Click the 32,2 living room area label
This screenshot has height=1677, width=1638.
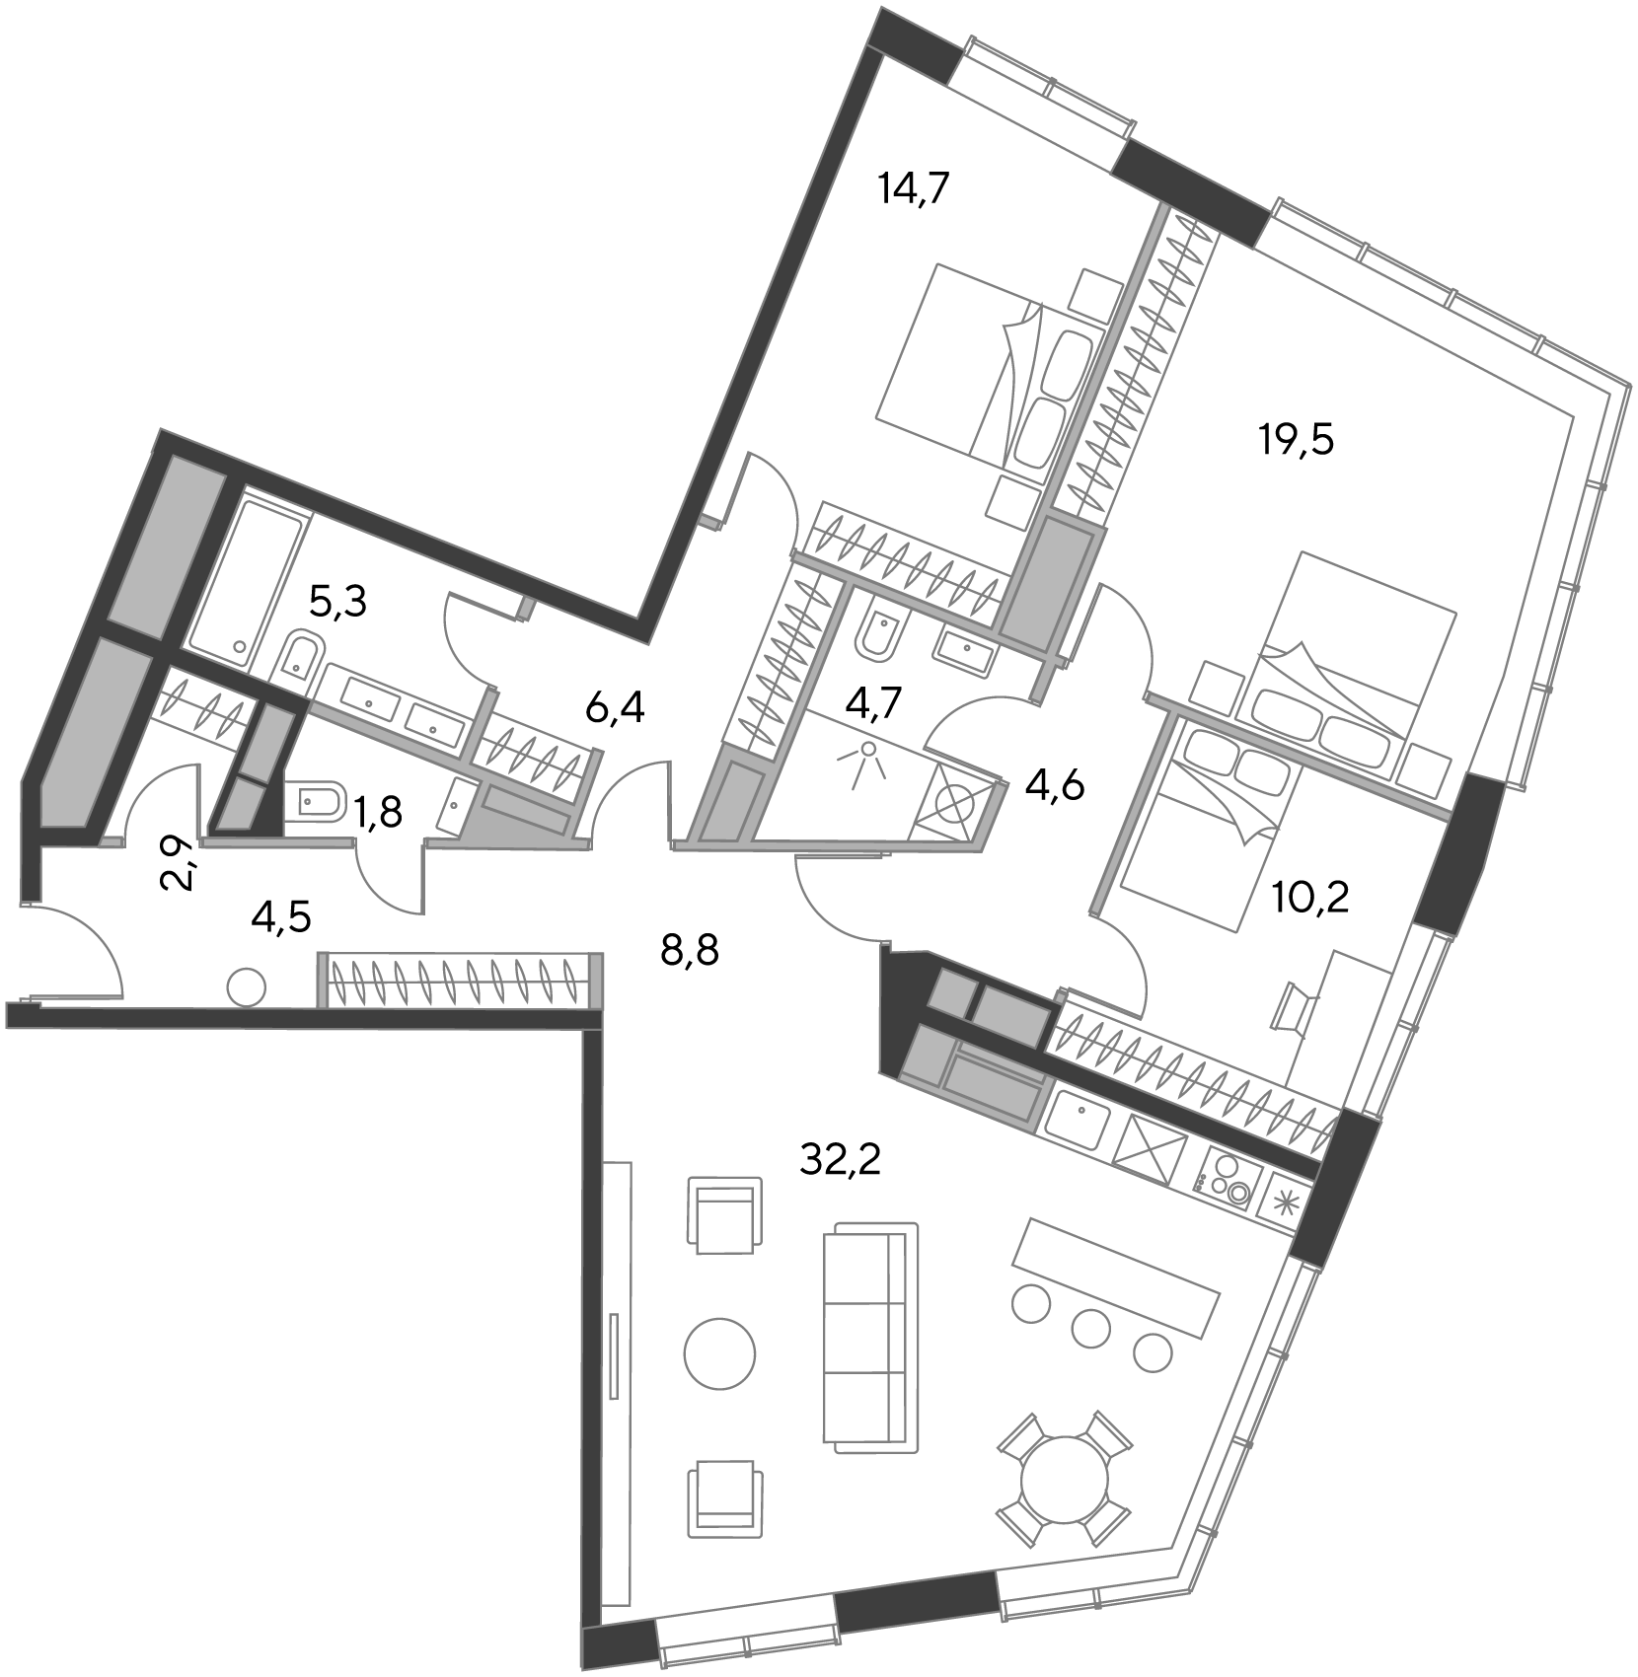pyautogui.click(x=840, y=1161)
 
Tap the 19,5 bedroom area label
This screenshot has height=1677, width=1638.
pyautogui.click(x=1296, y=440)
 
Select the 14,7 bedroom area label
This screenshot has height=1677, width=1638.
pyautogui.click(x=914, y=186)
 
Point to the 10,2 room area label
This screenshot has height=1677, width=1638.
pyautogui.click(x=1311, y=899)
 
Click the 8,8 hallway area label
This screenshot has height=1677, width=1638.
pyautogui.click(x=689, y=952)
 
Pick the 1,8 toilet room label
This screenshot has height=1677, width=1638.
pyautogui.click(x=378, y=813)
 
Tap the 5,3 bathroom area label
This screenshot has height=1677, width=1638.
pyautogui.click(x=337, y=601)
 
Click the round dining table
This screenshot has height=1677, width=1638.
pyautogui.click(x=1064, y=1481)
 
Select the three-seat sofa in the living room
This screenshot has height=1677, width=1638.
pyautogui.click(x=870, y=1338)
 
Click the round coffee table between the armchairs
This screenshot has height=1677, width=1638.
pyautogui.click(x=720, y=1351)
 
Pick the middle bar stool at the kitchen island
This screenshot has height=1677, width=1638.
pyautogui.click(x=1091, y=1328)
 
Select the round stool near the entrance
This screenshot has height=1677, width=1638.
pyautogui.click(x=246, y=987)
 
